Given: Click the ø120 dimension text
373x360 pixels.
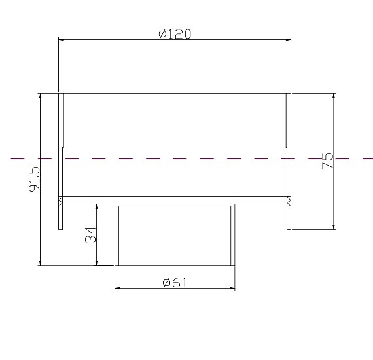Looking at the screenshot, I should [x=175, y=34].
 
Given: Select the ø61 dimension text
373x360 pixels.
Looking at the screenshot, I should [x=175, y=283].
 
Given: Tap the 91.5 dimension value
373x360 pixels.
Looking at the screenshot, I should [x=35, y=179].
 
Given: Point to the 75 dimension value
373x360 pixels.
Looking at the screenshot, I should [x=328, y=161].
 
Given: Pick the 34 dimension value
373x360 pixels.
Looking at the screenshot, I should [x=91, y=234].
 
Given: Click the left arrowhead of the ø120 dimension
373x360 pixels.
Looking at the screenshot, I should [x=62, y=39].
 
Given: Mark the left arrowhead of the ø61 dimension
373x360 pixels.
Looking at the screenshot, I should [x=118, y=288].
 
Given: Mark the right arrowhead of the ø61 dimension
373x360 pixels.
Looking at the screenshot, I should [x=232, y=288].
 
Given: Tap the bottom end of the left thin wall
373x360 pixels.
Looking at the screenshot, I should [x=61, y=228].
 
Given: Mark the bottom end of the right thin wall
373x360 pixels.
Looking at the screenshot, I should [x=289, y=228].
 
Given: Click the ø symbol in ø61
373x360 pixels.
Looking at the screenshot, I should [x=166, y=283].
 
